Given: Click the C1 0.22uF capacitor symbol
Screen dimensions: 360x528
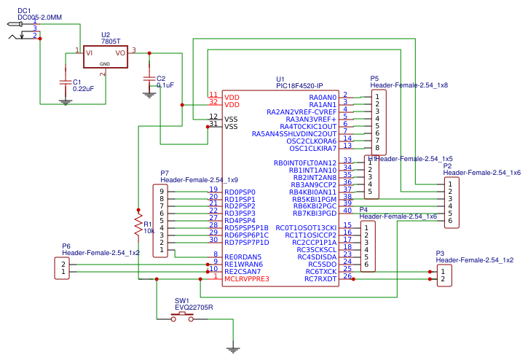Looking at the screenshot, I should [66, 82].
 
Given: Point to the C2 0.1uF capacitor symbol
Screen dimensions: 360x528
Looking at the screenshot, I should [149, 78].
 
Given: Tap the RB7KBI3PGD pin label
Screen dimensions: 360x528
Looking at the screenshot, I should [304, 213].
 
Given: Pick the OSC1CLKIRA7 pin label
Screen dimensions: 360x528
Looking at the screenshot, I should [310, 148].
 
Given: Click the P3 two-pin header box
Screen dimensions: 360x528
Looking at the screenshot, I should [444, 275].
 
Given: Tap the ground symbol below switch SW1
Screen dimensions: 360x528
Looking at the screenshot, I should [233, 350].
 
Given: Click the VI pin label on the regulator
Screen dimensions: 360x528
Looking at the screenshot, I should [88, 52].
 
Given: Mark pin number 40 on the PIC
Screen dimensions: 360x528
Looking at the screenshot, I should [347, 211].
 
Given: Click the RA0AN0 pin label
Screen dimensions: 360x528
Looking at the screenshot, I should [323, 98].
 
